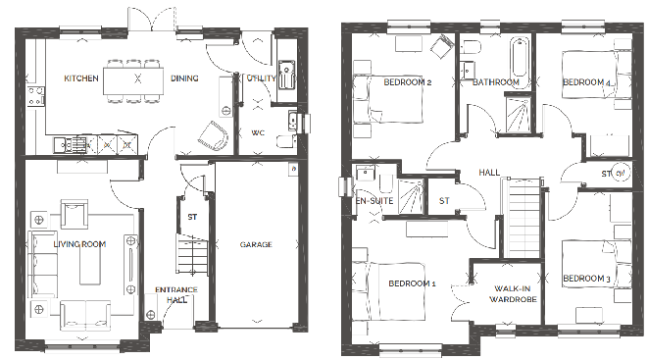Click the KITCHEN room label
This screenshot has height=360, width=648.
click(x=81, y=77)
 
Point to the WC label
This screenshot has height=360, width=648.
click(x=258, y=131)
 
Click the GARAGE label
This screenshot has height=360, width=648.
click(x=256, y=244)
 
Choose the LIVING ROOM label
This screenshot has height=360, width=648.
click(x=79, y=243)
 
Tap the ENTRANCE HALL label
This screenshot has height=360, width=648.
click(x=176, y=294)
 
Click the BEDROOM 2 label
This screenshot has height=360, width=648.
click(x=408, y=82)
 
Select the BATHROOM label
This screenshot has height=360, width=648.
click(x=495, y=82)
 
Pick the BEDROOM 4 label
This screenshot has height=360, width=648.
click(x=586, y=83)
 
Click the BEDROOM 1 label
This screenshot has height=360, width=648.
click(x=412, y=283)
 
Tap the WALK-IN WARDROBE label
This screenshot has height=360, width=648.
click(x=513, y=294)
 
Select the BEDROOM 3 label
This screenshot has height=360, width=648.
click(x=586, y=280)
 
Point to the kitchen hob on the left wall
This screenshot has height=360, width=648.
click(x=37, y=95)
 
